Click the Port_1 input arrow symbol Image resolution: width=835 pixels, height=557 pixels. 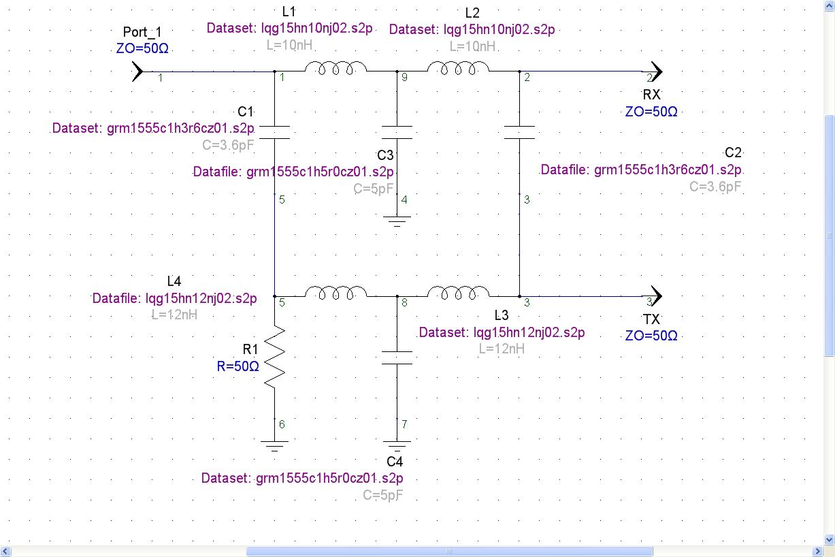137,71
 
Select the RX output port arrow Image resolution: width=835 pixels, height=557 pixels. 655,71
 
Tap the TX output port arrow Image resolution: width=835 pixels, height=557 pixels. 655,296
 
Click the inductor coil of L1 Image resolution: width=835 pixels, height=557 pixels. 335,67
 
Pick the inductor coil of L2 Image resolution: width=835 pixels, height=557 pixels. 458,67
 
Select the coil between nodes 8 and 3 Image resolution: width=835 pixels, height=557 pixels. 458,293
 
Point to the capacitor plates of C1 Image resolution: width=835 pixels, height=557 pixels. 274,132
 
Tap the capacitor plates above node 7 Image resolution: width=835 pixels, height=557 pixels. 397,357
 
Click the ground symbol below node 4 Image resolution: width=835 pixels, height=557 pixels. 397,221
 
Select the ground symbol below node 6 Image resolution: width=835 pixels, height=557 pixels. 274,445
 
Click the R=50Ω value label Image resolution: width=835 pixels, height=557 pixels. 238,366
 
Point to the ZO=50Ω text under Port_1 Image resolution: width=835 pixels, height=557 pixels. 142,48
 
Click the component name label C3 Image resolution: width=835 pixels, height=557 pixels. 385,155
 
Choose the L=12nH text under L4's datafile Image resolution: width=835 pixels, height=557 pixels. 174,315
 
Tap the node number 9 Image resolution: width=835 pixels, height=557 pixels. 404,77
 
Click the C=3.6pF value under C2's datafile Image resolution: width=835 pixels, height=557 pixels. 715,186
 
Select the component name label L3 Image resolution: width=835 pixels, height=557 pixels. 501,315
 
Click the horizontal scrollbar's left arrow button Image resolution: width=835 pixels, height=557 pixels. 5,551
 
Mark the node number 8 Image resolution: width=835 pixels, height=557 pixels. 404,302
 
